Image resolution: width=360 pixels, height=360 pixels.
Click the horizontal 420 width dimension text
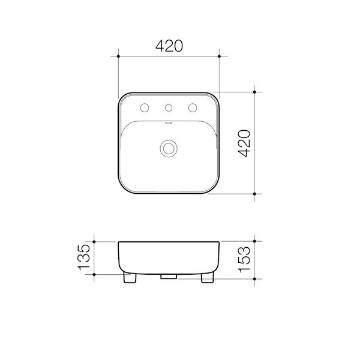[x=169, y=46]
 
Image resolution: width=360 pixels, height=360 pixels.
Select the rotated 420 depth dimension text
[x=244, y=143]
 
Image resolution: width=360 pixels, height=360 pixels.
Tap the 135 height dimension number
[x=84, y=257]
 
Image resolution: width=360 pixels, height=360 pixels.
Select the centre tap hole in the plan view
[x=169, y=108]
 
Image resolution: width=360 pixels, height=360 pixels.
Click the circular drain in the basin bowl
[x=169, y=148]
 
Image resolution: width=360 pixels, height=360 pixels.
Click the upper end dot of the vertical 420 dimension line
[x=256, y=92]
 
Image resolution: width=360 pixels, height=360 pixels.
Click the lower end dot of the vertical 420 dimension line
[x=256, y=194]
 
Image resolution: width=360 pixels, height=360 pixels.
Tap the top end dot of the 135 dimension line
[x=95, y=241]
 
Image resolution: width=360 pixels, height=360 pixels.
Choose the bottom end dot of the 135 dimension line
[x=95, y=274]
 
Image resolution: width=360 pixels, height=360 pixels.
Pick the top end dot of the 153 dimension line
[x=256, y=241]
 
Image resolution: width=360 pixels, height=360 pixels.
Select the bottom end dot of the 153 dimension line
[x=256, y=279]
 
